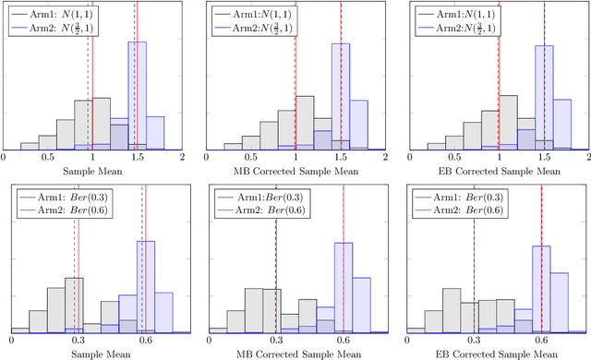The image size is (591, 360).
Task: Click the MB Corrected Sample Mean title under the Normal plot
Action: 295,172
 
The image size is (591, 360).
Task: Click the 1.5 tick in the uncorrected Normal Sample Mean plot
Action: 138,158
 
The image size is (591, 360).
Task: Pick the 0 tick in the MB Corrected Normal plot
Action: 206,158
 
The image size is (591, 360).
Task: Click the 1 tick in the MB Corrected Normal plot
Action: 295,158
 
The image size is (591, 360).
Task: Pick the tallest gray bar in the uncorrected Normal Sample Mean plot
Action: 102,123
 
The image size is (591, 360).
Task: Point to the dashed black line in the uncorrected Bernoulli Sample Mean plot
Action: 74,277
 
